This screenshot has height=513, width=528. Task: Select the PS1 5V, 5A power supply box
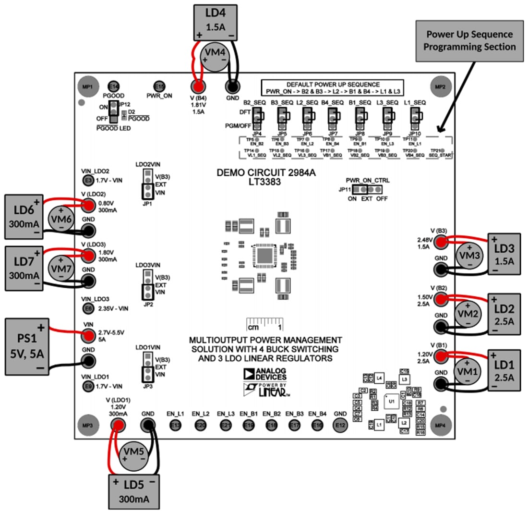click(28, 346)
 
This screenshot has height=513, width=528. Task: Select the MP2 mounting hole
click(440, 87)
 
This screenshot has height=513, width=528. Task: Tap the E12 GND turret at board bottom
click(340, 425)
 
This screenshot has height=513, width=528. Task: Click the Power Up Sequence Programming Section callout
click(469, 41)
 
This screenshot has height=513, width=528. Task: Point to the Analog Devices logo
click(264, 374)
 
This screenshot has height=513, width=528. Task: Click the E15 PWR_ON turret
click(160, 86)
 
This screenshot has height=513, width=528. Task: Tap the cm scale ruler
click(264, 324)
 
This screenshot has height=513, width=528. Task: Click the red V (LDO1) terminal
click(118, 425)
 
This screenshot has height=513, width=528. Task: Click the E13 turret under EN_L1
click(176, 425)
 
